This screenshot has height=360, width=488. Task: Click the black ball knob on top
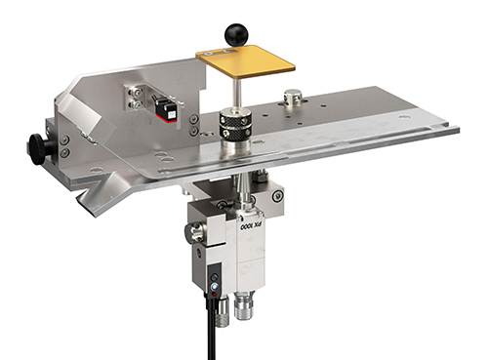pyautogui.click(x=236, y=34)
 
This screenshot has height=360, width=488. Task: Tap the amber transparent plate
pyautogui.click(x=246, y=61)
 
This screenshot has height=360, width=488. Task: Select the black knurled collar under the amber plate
pyautogui.click(x=235, y=125)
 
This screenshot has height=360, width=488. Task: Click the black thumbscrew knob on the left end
pyautogui.click(x=38, y=149)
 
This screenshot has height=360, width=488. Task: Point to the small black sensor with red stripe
pyautogui.click(x=167, y=110)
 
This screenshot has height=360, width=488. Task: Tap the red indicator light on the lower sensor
pyautogui.click(x=215, y=295)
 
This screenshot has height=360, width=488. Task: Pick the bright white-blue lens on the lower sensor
pyautogui.click(x=215, y=286)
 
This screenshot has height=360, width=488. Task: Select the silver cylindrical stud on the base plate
pyautogui.click(x=293, y=97)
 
